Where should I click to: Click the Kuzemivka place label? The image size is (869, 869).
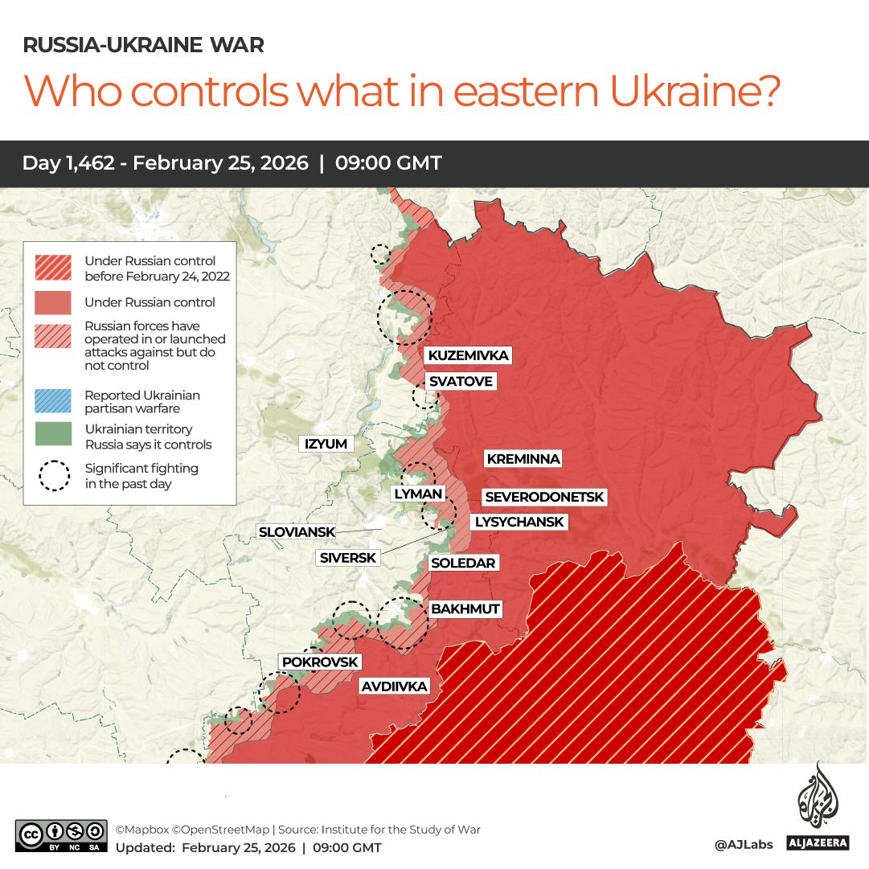point(468,355)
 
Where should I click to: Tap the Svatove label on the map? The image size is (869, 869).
point(461,381)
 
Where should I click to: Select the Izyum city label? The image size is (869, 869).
point(326,444)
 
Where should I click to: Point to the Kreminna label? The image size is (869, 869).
point(523,459)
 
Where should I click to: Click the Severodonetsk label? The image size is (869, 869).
point(544,498)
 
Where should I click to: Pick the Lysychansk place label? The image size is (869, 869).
point(519,522)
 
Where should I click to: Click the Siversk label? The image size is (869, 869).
point(347,557)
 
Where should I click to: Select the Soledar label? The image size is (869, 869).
point(463,563)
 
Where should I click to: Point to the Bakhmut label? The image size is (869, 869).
point(465,609)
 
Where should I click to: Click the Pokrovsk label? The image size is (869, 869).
point(319,662)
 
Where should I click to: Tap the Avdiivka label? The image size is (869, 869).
point(395,687)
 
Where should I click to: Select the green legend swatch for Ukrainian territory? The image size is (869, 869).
point(54,434)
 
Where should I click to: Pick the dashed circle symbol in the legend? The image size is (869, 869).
point(54,475)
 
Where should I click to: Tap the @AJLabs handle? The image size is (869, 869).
point(744,844)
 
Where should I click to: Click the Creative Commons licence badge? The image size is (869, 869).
point(61,835)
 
